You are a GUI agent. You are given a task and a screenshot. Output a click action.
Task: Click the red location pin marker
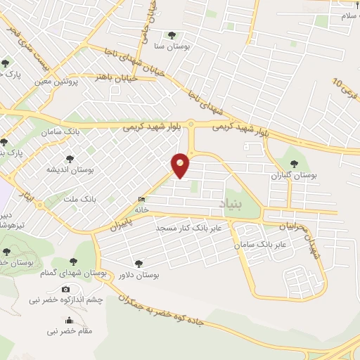[x=181, y=165]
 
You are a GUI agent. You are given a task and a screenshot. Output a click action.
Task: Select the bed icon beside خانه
[x=143, y=199]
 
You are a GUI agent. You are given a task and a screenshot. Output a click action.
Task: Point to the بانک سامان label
[x=82, y=131]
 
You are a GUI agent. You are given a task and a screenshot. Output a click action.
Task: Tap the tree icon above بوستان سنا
[x=172, y=34]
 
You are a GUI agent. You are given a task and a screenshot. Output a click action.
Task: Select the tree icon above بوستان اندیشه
[x=69, y=159]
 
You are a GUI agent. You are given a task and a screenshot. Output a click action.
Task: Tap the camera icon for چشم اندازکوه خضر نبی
[x=66, y=289]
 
